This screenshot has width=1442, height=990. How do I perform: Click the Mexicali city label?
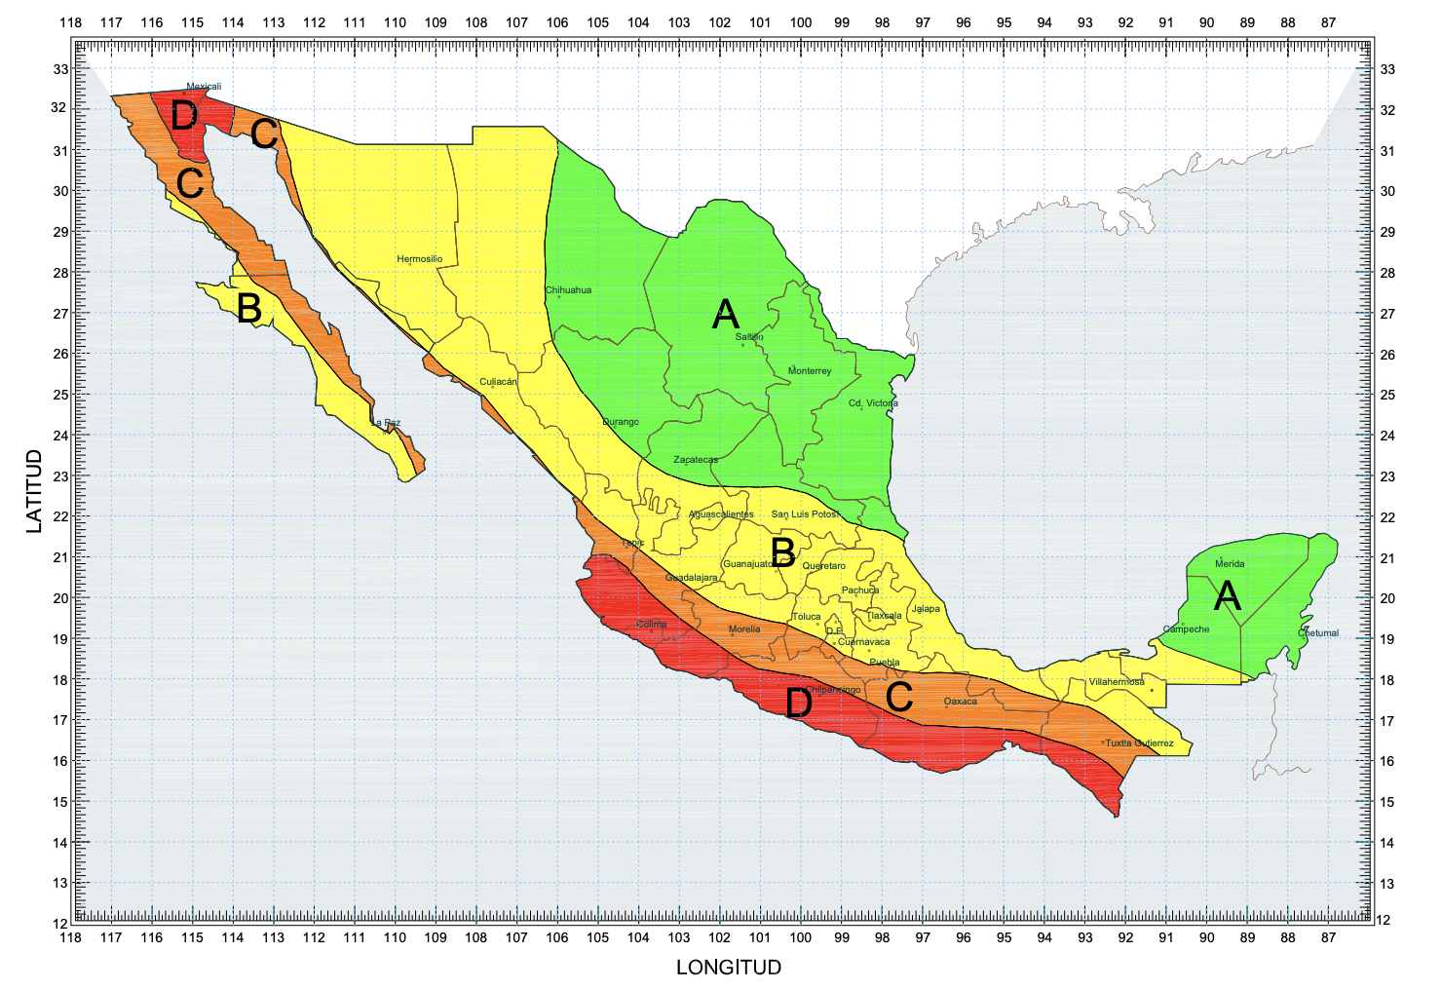tap(204, 87)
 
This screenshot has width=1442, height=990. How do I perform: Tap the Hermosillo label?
tap(419, 259)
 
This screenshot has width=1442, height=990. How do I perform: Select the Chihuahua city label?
tap(568, 290)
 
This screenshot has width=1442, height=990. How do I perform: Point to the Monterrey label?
tap(810, 371)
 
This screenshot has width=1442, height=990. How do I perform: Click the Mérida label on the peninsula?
tap(1230, 564)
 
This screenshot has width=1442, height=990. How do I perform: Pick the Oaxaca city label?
tap(961, 702)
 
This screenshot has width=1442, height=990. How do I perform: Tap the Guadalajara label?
tap(692, 578)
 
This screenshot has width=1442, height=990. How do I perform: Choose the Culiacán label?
tap(498, 382)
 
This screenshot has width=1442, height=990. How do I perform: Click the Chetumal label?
tap(1319, 633)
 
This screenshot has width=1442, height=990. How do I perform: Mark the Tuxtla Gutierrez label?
tap(1139, 743)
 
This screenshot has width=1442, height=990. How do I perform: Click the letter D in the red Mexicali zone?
tap(184, 117)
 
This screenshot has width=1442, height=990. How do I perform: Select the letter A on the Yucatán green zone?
tap(1227, 595)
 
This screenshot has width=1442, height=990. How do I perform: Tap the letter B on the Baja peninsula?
tap(249, 309)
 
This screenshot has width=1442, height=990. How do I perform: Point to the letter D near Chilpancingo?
tap(799, 703)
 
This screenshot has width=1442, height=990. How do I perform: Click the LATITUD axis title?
tap(35, 490)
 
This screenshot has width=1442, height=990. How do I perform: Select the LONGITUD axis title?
tap(729, 968)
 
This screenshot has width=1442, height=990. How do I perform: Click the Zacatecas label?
tap(696, 460)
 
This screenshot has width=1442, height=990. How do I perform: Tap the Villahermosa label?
tap(1117, 682)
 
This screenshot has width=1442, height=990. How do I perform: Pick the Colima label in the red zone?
tap(652, 625)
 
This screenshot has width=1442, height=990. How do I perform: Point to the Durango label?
tap(621, 422)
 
